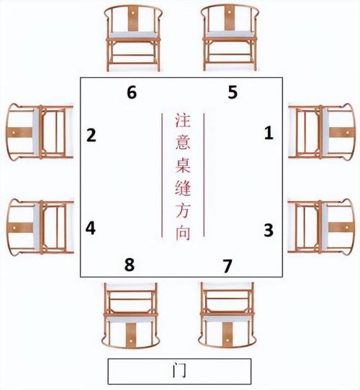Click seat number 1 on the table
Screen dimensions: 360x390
tap(269, 133)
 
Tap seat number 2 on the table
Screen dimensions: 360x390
tap(91, 136)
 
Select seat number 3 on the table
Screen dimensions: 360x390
tap(269, 230)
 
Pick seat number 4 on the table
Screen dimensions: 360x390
tap(91, 229)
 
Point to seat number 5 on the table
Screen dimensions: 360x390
tap(233, 92)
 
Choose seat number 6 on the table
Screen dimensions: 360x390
tap(132, 92)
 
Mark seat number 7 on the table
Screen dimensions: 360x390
tap(228, 266)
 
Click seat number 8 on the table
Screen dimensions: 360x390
tap(130, 265)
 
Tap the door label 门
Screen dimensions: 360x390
tap(179, 371)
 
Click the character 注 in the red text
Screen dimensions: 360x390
tap(183, 120)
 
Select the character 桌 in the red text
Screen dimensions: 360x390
tap(183, 165)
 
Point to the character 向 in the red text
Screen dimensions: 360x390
tap(183, 234)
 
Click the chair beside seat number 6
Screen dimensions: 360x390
tap(134, 38)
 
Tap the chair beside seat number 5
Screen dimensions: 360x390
tap(230, 37)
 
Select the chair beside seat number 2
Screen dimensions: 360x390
tap(40, 132)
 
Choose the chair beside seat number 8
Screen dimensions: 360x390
tap(130, 315)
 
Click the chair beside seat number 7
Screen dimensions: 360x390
tap(227, 314)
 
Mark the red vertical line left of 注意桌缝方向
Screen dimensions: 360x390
tap(162, 175)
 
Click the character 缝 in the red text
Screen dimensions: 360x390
tap(183, 188)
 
